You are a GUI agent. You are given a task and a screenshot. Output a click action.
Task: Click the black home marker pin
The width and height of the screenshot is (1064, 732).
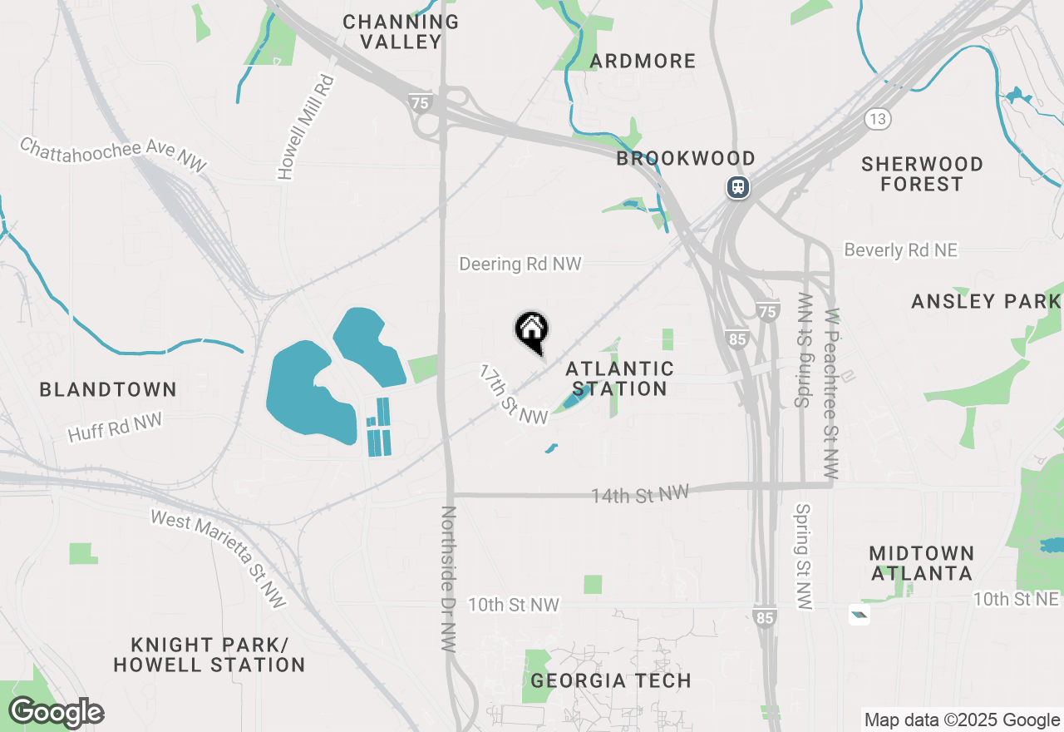click(x=531, y=331)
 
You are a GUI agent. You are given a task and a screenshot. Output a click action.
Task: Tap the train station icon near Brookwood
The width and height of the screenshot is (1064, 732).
click(x=737, y=187)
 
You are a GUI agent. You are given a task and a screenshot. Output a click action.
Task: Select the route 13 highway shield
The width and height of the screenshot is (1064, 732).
click(x=878, y=119)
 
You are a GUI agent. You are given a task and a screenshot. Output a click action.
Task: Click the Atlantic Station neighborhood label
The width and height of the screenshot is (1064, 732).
click(x=619, y=378)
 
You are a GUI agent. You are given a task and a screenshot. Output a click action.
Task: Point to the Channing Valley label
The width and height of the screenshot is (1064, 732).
click(x=401, y=32)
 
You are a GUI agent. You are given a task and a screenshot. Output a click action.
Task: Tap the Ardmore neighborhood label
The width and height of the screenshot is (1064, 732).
click(x=643, y=61)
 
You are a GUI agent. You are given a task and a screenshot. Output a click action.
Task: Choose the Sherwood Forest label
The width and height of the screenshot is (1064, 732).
click(x=922, y=174)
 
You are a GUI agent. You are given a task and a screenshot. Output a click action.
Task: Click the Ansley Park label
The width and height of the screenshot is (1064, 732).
click(x=986, y=301)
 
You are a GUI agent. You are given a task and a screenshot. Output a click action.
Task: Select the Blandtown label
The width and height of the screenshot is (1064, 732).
click(x=108, y=389)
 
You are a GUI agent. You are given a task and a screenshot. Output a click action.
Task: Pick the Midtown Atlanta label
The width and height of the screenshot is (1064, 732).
click(x=921, y=563)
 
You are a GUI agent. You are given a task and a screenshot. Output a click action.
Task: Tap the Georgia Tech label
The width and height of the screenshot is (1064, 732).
click(x=611, y=680)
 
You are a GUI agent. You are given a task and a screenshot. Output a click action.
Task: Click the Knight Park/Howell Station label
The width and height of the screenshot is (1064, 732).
click(x=209, y=655)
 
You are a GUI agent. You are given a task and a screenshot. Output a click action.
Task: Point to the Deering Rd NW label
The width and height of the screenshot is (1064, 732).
click(x=520, y=265)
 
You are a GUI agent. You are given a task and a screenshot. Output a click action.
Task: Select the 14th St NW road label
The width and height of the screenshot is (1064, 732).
click(x=640, y=495)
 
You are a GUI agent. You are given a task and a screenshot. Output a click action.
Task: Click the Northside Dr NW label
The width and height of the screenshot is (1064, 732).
click(x=449, y=578)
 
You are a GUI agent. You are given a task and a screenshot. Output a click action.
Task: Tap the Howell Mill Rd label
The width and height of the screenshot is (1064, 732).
click(x=306, y=127)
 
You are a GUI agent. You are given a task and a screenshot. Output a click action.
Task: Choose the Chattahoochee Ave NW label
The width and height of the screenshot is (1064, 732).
click(x=113, y=156)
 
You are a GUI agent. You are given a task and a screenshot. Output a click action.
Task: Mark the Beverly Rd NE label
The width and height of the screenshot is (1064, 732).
click(x=900, y=250)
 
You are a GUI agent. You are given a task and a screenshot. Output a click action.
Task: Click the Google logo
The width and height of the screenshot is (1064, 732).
click(x=56, y=713)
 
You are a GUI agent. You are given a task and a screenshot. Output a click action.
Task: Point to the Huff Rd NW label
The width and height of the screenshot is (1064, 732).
click(x=115, y=428)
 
